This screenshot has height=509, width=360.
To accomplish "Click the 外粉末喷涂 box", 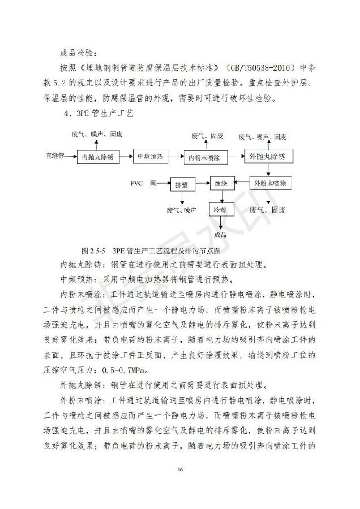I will point(271,184).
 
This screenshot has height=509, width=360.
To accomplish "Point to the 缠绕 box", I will point(221,184).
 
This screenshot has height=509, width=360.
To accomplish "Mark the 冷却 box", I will point(220,209).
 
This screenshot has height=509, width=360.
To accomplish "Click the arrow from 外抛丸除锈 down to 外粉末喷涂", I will point(269,171).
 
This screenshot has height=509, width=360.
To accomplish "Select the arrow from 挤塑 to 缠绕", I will point(201,184).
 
